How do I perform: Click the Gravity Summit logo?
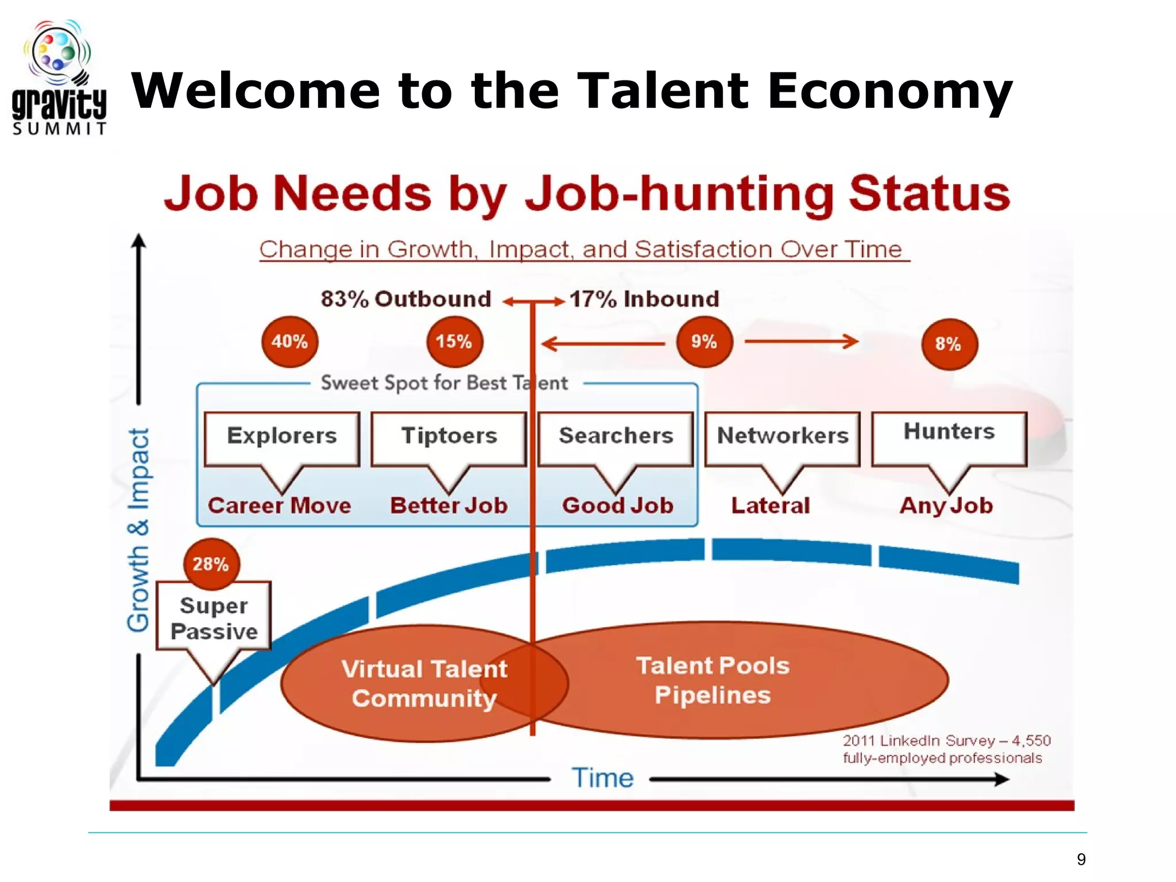click(59, 78)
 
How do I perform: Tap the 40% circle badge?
click(289, 342)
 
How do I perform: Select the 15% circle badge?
click(454, 342)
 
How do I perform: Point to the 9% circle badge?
click(705, 342)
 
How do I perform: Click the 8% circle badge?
click(949, 344)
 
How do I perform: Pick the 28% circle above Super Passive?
click(211, 564)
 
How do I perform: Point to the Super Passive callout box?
click(214, 617)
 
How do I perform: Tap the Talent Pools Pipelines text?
click(713, 680)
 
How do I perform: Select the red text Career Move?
click(280, 506)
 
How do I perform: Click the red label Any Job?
click(946, 506)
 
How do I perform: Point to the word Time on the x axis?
click(602, 778)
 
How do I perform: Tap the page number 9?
click(1081, 859)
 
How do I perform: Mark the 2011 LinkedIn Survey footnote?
click(946, 749)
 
